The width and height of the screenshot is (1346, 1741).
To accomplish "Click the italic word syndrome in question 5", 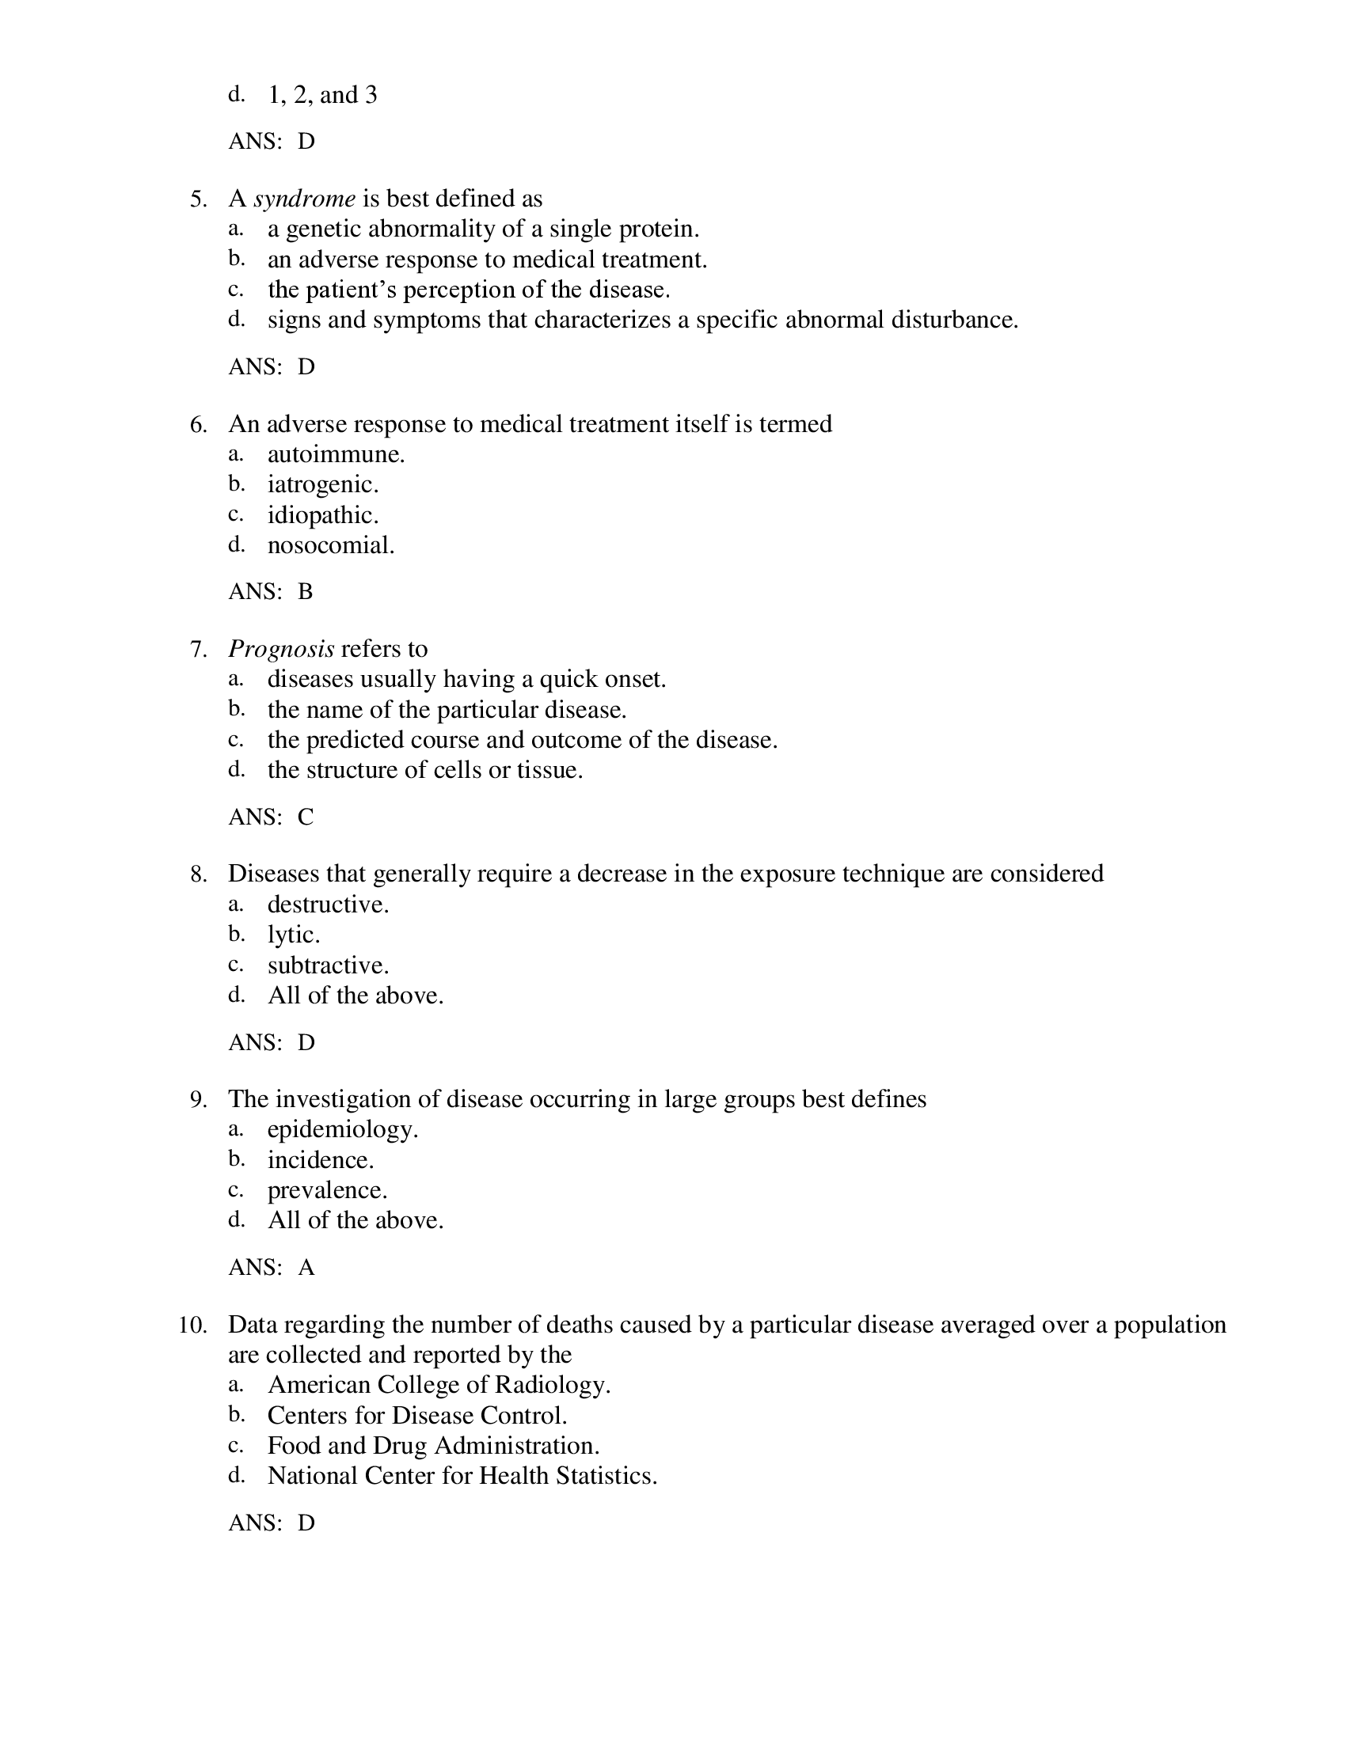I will point(305,199).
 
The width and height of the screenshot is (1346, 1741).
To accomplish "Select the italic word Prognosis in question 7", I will point(281,649).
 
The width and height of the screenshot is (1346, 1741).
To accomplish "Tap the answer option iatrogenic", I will point(322,484).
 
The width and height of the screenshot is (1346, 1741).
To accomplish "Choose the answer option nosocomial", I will point(331,545).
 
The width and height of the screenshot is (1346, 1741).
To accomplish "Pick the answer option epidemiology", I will point(342,1128).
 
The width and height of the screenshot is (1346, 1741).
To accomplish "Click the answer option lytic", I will point(294,935).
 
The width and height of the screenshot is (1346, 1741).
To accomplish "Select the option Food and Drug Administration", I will point(433,1445).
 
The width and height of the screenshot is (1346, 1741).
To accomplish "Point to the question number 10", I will point(193,1325).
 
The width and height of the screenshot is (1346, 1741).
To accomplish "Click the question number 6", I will point(199,424).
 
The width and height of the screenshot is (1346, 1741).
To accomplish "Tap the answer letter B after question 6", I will point(306,591).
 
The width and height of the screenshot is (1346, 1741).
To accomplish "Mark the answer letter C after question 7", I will point(306,817).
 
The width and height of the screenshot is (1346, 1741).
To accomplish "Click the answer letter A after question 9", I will point(306,1268).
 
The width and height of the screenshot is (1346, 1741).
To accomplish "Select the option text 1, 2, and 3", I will point(322,95).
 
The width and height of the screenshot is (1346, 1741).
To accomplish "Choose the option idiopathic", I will point(322,515).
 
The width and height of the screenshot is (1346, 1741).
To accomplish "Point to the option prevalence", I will point(327,1190).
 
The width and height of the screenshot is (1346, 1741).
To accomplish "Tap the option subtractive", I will point(328,965).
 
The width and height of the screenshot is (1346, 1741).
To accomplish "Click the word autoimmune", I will point(336,454).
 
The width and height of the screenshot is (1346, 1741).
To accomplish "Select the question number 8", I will point(199,874).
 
